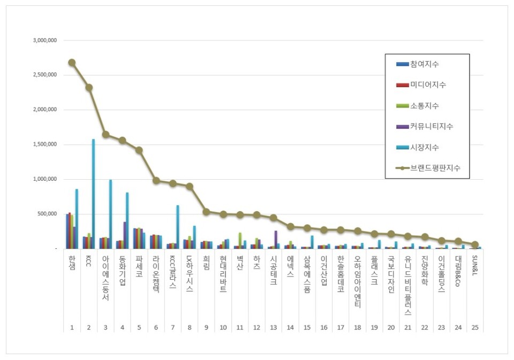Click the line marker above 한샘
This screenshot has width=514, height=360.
72,63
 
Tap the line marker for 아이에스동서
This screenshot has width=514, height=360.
105,134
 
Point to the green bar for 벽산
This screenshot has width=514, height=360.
239,240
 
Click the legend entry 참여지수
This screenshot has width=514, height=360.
425,64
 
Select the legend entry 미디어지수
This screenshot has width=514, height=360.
428,85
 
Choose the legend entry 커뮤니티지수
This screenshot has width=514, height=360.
432,127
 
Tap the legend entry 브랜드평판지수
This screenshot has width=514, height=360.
435,168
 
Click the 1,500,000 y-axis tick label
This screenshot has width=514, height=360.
46,144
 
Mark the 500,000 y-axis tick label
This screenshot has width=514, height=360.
48,214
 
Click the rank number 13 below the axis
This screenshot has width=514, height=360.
273,327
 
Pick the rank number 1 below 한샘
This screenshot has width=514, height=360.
72,327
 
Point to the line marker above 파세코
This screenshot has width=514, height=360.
139,150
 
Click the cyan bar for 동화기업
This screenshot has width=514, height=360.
127,220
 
